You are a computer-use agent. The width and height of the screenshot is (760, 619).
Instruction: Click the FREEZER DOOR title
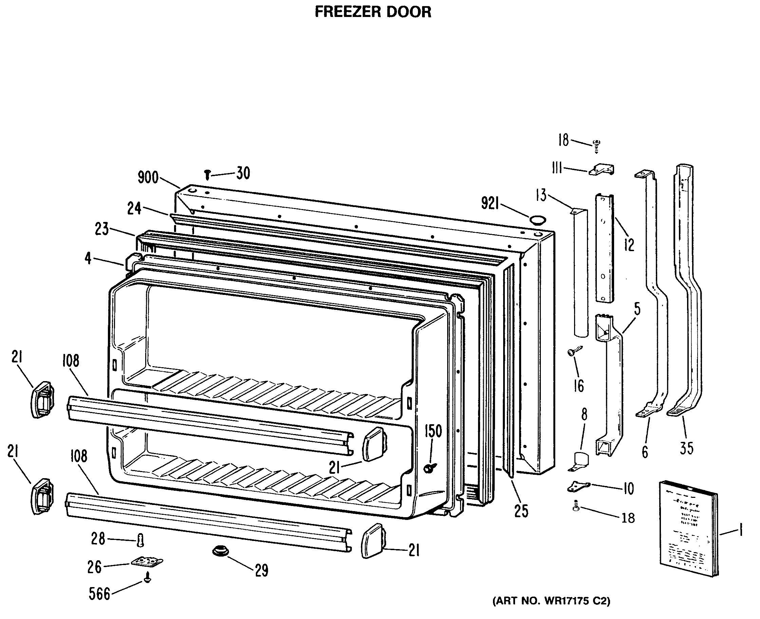[x=373, y=12]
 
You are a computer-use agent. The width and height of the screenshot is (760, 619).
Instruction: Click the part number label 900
[x=148, y=177]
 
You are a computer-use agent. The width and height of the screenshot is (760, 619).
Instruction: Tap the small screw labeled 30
[x=207, y=175]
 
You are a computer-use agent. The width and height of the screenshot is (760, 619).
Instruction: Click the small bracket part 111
[x=602, y=170]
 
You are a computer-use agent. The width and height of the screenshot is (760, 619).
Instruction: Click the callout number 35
[x=687, y=448]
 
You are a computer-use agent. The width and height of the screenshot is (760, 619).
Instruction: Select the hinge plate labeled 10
[x=578, y=486]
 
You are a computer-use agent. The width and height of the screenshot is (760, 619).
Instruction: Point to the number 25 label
[x=521, y=511]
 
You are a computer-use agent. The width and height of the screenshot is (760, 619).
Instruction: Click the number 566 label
[x=99, y=594]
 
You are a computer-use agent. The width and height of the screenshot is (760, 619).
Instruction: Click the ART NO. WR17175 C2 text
[x=551, y=601]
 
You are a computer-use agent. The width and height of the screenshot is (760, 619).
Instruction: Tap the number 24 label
[x=134, y=209]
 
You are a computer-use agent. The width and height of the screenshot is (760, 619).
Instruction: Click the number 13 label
[x=541, y=195]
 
